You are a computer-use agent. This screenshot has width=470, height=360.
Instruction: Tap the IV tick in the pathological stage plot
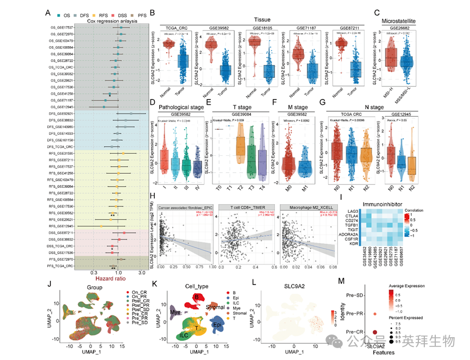coord(198,185)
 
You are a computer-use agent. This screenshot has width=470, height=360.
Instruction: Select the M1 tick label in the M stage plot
coord(304,185)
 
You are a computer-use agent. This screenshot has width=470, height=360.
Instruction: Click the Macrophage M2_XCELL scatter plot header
coord(300,208)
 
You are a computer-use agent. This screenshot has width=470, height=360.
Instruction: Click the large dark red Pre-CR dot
coord(375,332)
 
